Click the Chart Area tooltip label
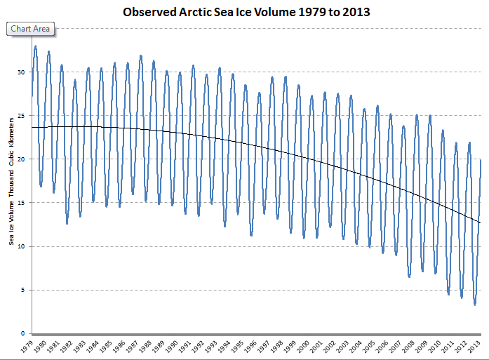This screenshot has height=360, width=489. (30, 29)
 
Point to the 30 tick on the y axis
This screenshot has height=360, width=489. (22, 72)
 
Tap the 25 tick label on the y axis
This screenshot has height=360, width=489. (22, 116)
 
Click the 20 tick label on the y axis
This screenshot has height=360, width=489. (22, 159)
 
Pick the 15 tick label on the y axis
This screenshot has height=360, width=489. (22, 203)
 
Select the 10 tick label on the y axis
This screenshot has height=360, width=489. (22, 246)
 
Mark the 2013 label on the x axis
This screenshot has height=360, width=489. (475, 347)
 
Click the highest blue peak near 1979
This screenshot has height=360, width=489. (35, 46)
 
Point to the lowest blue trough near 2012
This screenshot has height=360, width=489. (475, 304)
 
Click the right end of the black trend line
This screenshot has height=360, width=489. (480, 223)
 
